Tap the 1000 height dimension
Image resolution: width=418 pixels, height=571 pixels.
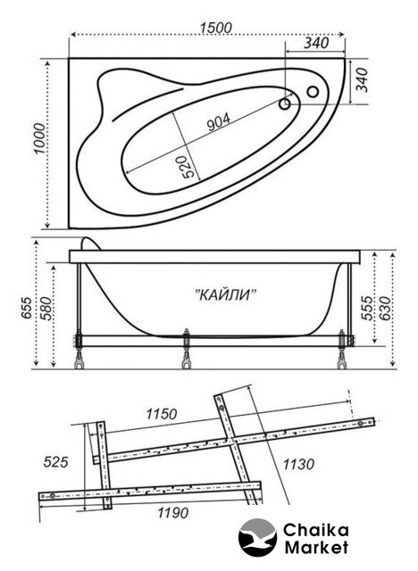[39, 139]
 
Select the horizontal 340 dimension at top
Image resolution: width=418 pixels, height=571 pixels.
[316, 43]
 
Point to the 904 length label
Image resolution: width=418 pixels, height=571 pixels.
[218, 121]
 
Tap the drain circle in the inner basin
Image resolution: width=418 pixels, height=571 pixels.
[285, 104]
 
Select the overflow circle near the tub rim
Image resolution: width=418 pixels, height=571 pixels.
[313, 91]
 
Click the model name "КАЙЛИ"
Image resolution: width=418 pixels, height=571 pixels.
[226, 294]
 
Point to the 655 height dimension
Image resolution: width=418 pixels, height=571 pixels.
[27, 308]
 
